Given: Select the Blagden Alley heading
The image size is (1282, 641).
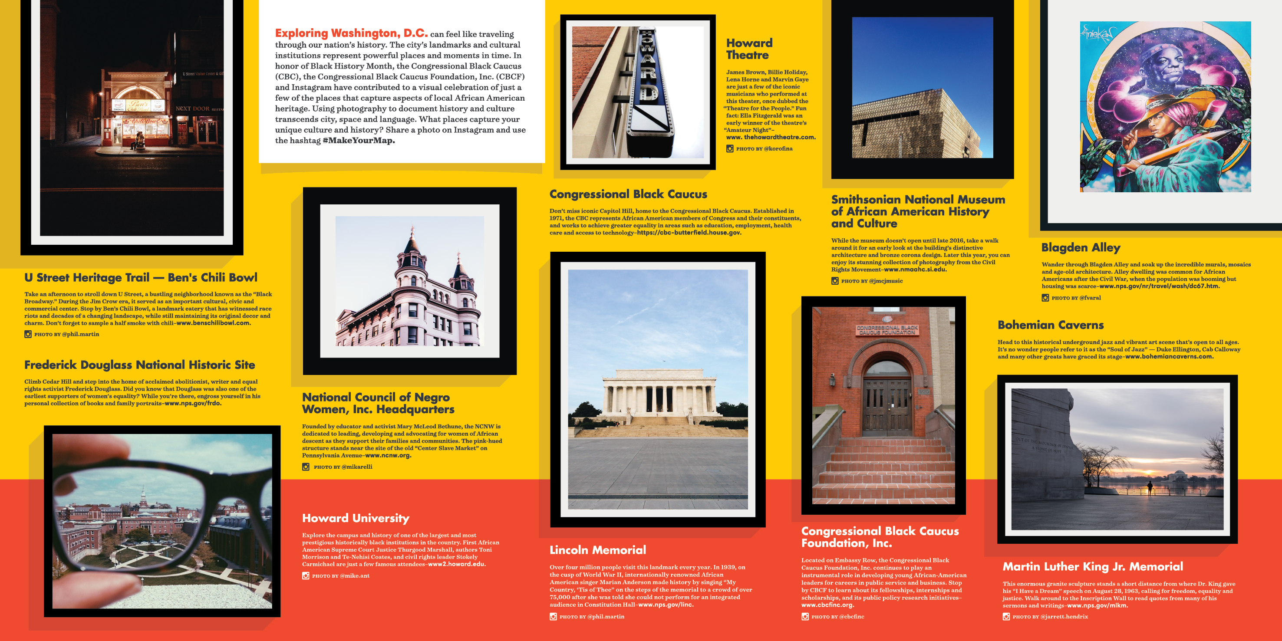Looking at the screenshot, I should click(1081, 247).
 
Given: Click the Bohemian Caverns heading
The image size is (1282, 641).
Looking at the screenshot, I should click(1050, 325).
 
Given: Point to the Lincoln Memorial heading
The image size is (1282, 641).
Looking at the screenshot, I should click(597, 550).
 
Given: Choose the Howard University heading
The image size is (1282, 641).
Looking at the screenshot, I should click(355, 518).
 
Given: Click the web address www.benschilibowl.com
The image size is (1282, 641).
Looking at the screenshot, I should click(213, 323).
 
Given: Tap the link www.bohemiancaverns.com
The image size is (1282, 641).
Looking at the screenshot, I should click(1169, 356).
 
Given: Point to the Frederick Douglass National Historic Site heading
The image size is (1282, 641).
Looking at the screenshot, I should click(139, 365).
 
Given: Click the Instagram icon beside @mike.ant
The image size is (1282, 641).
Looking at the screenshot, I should click(306, 576).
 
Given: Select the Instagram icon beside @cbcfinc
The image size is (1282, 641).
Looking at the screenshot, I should click(805, 617).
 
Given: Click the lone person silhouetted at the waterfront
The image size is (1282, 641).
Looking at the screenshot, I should click(1150, 487).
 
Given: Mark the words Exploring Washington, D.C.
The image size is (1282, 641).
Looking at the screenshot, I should click(351, 33).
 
